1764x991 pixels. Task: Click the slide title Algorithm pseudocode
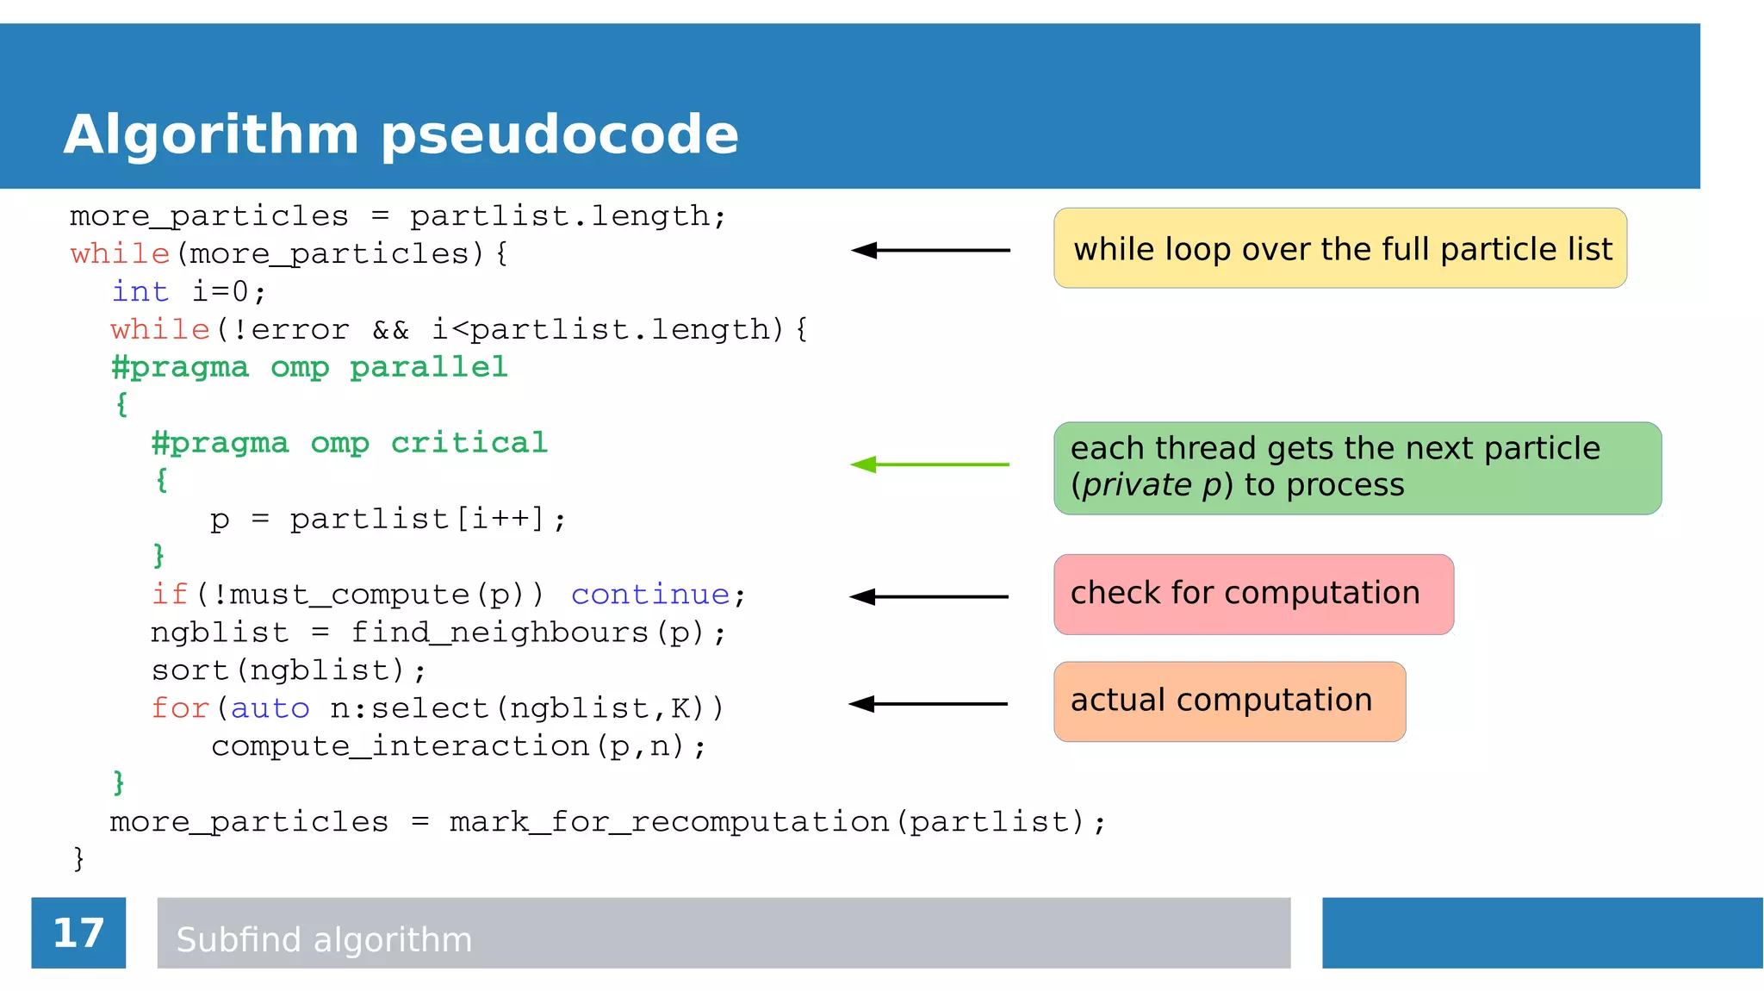(401, 134)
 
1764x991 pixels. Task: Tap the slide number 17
(78, 932)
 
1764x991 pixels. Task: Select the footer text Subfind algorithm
(324, 939)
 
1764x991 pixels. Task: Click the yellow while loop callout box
(1339, 248)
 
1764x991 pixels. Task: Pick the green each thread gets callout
(1357, 468)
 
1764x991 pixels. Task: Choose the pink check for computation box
(1253, 594)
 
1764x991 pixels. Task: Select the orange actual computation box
(1229, 701)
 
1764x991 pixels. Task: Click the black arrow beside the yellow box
(930, 250)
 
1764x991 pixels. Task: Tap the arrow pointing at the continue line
(929, 596)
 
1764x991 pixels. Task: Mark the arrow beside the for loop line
(928, 704)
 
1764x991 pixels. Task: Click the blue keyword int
(140, 291)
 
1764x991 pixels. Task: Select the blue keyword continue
(650, 595)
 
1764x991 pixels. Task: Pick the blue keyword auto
(270, 708)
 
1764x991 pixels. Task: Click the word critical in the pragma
(469, 443)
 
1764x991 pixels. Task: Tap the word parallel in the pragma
(429, 367)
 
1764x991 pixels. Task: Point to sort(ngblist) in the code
(287, 670)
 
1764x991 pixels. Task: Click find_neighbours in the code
(500, 633)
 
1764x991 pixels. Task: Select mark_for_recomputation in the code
(669, 822)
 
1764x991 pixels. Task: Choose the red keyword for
(179, 708)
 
